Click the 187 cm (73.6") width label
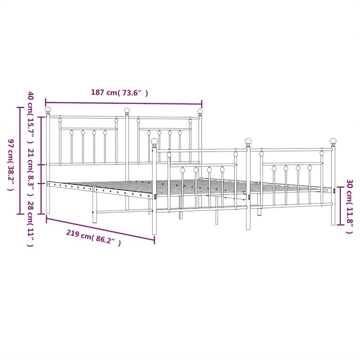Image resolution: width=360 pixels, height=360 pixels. click(x=119, y=93)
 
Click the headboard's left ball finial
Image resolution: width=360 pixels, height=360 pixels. click(x=48, y=110)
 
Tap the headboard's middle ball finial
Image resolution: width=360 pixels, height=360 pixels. click(x=127, y=110)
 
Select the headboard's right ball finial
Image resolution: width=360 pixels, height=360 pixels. click(x=200, y=112)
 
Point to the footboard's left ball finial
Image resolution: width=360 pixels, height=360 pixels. click(x=154, y=142)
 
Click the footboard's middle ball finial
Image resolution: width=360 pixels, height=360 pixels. click(x=248, y=141)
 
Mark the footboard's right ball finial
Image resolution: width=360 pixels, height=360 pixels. click(x=333, y=141)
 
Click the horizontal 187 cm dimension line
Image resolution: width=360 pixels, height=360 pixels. click(x=124, y=102)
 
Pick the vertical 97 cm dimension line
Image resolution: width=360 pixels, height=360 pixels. click(x=19, y=161)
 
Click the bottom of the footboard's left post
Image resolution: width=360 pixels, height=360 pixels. click(x=155, y=233)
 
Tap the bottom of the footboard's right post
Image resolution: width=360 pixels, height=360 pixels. click(x=333, y=223)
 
